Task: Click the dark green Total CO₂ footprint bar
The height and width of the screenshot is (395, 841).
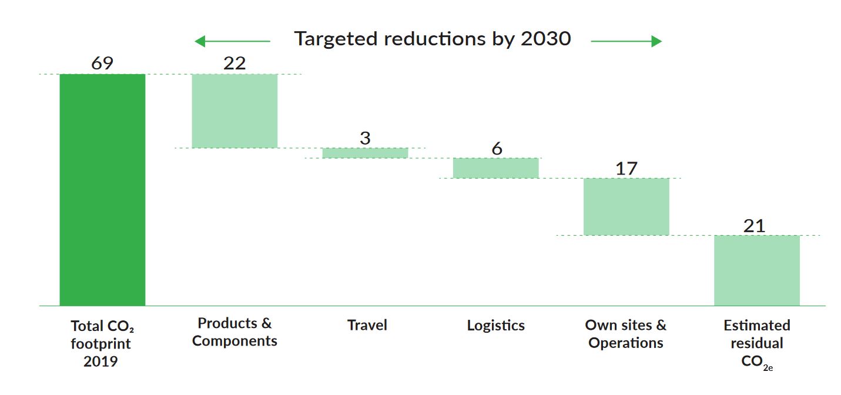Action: [x=102, y=189]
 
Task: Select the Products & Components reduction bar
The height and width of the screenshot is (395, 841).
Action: [x=234, y=111]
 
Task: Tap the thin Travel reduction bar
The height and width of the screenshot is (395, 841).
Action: [x=365, y=153]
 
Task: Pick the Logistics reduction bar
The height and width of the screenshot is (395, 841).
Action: [x=495, y=168]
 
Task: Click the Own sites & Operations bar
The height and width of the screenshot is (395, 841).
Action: [x=626, y=206]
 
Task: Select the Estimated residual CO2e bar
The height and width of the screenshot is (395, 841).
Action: [x=756, y=270]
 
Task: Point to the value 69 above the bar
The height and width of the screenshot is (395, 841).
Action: [x=102, y=63]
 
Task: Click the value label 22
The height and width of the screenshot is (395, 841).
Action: [x=234, y=63]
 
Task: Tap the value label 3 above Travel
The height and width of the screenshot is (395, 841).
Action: [x=365, y=138]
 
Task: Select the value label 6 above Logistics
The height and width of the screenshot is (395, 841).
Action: [x=497, y=149]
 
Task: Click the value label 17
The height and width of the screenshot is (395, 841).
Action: [x=626, y=169]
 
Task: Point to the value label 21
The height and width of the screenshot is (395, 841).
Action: [x=754, y=226]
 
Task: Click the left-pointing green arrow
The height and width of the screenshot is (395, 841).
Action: [x=232, y=41]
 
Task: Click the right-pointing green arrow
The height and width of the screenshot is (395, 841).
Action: [x=626, y=41]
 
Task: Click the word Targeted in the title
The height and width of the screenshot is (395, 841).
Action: [x=335, y=39]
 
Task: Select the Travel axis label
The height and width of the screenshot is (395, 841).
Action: [x=367, y=325]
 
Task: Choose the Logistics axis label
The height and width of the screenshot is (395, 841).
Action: [x=495, y=325]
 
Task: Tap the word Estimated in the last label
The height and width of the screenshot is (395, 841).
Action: [x=756, y=325]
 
